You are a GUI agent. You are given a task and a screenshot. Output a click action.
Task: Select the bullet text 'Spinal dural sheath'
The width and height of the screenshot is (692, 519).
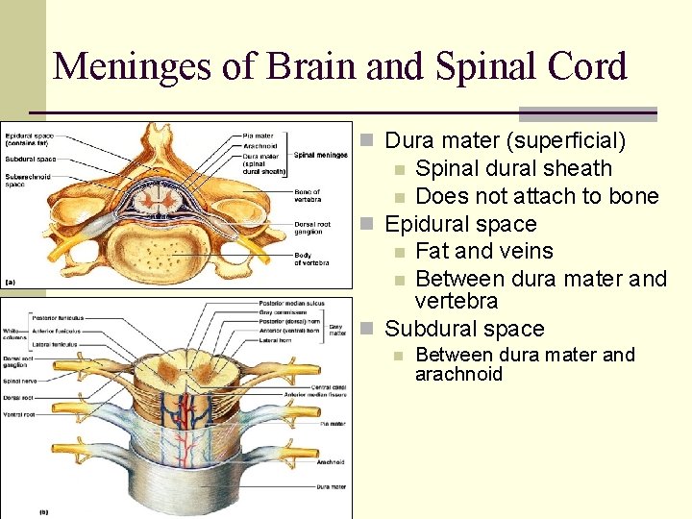513,168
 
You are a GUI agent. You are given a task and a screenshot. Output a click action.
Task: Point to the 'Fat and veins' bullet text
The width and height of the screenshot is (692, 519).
484,251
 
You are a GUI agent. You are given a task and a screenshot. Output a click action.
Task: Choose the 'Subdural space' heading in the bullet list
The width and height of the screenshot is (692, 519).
464,329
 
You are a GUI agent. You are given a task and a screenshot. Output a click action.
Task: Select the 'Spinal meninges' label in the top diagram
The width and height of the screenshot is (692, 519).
321,154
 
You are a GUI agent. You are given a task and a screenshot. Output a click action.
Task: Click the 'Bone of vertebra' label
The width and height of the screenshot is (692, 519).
308,195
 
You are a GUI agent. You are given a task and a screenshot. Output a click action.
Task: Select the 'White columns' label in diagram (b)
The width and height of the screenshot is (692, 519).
13,334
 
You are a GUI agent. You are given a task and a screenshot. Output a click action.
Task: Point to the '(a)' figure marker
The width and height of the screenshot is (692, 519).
11,282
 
